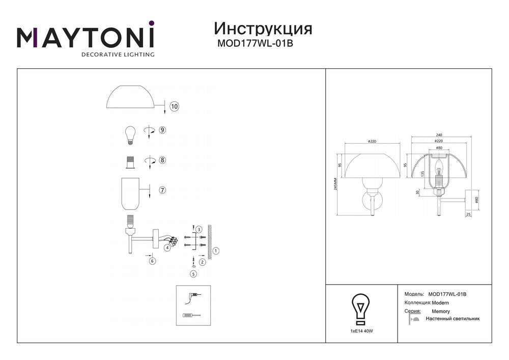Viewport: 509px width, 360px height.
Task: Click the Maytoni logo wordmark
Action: click(x=86, y=37)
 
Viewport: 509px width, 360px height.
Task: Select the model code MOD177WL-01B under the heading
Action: click(x=255, y=44)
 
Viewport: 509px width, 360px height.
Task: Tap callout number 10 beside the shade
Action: click(x=174, y=107)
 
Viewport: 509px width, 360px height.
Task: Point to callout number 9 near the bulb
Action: click(x=162, y=130)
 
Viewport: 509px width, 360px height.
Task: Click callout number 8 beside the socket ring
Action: click(x=162, y=160)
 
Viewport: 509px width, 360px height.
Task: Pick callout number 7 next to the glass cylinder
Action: click(x=162, y=190)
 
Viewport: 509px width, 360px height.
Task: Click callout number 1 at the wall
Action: click(x=216, y=251)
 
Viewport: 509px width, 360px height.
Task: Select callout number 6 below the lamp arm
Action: click(x=152, y=261)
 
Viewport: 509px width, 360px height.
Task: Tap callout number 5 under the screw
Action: click(x=193, y=274)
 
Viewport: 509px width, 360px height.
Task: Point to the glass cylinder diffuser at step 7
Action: click(x=131, y=194)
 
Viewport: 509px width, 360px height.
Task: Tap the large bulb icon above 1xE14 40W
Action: click(x=361, y=309)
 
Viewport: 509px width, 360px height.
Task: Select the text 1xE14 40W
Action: click(x=362, y=331)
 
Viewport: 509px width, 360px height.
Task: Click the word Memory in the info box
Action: click(x=440, y=311)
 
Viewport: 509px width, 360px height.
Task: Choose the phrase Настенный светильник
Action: click(x=453, y=319)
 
